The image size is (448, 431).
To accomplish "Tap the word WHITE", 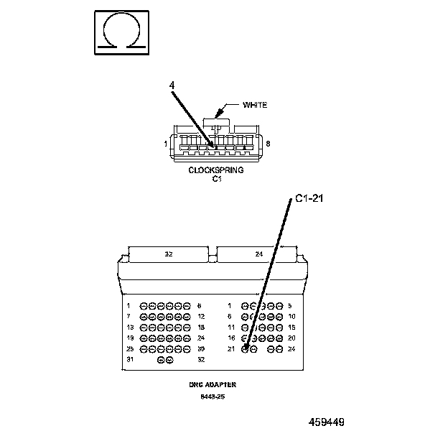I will tap(255, 106).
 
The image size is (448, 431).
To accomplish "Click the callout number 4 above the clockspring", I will tap(172, 85).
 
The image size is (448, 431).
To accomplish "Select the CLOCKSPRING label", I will tap(216, 170).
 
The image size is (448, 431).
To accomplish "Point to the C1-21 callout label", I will tap(310, 199).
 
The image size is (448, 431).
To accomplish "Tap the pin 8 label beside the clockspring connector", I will tap(268, 144).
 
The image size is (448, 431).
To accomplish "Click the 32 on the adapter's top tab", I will tap(169, 254).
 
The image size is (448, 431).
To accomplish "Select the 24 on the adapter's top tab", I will tap(258, 254).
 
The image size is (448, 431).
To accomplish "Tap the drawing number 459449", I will tap(332, 422).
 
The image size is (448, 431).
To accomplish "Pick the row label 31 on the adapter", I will tap(130, 359).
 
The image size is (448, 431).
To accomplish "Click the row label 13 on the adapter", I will tap(130, 327).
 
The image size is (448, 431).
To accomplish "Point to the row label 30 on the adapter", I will tap(202, 348).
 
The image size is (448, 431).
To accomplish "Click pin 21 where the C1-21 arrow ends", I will tap(246, 349).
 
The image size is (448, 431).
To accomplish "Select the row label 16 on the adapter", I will tap(231, 338).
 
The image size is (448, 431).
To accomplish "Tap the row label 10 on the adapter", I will tap(291, 316).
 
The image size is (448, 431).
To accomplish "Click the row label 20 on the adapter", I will tap(291, 338).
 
